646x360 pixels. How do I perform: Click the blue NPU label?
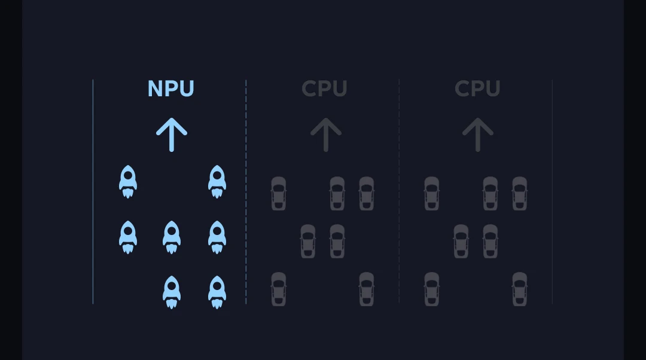(x=171, y=89)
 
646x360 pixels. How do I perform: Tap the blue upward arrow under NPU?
(x=172, y=134)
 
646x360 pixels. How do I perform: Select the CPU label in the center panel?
(x=324, y=89)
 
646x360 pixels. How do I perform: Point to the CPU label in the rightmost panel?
(x=477, y=89)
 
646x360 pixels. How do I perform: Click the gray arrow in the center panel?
(x=325, y=134)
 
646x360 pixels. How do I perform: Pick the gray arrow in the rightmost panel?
(x=477, y=134)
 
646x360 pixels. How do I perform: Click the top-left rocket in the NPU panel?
(x=128, y=181)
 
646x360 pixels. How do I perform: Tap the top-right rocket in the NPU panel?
(x=217, y=181)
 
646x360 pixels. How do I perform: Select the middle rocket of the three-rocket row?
(x=172, y=237)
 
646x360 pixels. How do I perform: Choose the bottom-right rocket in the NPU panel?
(x=217, y=292)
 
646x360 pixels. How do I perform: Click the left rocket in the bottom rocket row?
(x=172, y=292)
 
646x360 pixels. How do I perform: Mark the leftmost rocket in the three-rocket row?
(x=128, y=237)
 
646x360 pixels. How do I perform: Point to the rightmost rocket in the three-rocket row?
(x=217, y=237)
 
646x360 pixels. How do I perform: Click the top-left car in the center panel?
(x=278, y=193)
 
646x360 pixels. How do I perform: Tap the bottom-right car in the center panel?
(x=366, y=289)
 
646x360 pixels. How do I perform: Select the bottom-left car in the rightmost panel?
(x=431, y=289)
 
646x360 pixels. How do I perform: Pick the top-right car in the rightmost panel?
(x=519, y=193)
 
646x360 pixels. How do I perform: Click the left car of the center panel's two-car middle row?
(x=307, y=241)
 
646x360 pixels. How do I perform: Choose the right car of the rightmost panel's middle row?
(x=490, y=241)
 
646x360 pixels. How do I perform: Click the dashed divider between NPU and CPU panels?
(x=246, y=191)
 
